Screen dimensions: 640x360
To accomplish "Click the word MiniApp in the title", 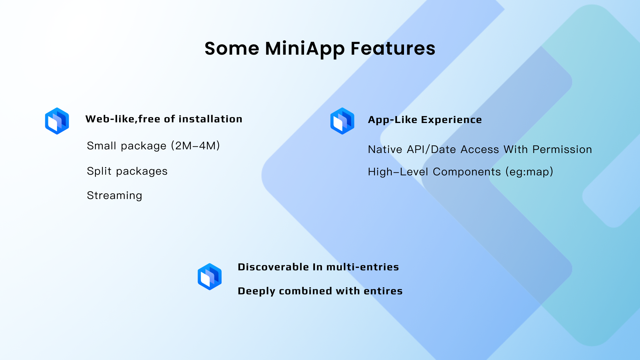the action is (305, 49).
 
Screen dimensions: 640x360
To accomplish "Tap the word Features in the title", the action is (393, 48).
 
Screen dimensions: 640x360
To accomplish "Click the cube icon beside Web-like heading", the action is (57, 121).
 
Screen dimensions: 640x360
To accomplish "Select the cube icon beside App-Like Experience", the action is (342, 121).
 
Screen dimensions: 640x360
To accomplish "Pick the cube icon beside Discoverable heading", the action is (210, 277).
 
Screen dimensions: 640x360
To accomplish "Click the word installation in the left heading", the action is (210, 119).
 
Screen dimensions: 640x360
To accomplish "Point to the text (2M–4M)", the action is (195, 146).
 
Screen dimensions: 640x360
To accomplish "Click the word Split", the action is (99, 171).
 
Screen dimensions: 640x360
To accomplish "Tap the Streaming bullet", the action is (114, 195).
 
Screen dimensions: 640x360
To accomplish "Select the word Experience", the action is (451, 120).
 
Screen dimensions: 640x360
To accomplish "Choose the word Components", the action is (467, 172).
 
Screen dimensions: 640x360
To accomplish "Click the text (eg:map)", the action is (529, 172).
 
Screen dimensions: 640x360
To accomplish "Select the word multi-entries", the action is (363, 267).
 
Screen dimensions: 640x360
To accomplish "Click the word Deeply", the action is (256, 291).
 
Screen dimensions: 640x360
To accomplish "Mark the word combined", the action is (305, 291).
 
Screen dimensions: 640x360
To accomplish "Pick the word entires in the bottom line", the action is (383, 291).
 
